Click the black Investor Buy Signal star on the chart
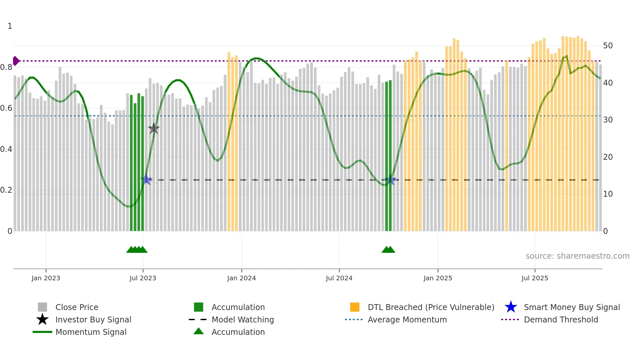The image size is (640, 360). (154, 129)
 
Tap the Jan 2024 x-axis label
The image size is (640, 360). (241, 278)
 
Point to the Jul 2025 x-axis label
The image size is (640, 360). (535, 278)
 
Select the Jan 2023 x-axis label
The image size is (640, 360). (46, 278)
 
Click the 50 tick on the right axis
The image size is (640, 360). (608, 46)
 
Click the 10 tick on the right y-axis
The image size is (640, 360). (608, 194)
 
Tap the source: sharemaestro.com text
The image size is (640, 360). (577, 256)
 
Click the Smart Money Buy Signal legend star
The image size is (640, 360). (511, 307)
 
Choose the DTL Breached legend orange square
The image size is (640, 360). (355, 307)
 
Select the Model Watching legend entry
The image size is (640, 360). (243, 319)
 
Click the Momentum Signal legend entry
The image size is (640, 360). (91, 332)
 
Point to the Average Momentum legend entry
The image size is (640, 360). (407, 319)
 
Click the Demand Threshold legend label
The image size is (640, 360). (561, 319)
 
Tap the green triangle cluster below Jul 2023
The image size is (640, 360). (137, 250)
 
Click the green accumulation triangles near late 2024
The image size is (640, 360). (388, 250)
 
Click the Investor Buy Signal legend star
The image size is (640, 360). (42, 319)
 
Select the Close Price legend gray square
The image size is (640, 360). (42, 307)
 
